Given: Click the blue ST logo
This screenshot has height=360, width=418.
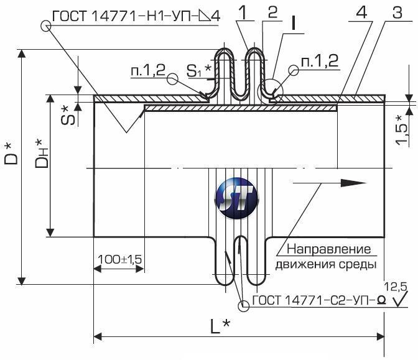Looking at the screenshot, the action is [236, 198].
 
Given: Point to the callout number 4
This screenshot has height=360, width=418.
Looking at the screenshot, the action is [361, 12].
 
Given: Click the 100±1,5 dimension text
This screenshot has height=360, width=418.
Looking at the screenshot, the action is [120, 259].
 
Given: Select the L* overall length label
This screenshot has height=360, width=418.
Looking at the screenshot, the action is [220, 326].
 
